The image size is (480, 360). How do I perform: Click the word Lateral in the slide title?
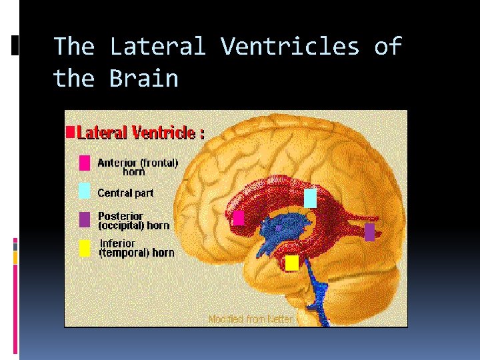(x=158, y=47)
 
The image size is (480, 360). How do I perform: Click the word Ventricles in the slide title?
(x=290, y=47)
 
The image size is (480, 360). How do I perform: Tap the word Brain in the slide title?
(x=144, y=79)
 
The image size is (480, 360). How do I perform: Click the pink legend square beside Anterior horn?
(x=85, y=163)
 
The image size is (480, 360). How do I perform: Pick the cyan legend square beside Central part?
(x=85, y=191)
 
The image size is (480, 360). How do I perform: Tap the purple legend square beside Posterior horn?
(x=85, y=219)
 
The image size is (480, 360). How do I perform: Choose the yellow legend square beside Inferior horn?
(x=85, y=248)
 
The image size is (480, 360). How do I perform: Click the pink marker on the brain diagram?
(x=239, y=217)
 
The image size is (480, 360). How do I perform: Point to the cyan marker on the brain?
(x=310, y=198)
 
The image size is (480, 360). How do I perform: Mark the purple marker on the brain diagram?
(x=370, y=231)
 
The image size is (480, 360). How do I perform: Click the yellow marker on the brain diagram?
(x=291, y=263)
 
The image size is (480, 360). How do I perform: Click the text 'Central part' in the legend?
(x=125, y=193)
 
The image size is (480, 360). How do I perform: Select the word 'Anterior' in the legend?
(x=117, y=162)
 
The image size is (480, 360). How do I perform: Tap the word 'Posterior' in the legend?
(x=120, y=216)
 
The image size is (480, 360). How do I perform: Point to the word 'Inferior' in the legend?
(x=117, y=243)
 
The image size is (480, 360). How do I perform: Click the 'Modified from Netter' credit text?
(x=251, y=319)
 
